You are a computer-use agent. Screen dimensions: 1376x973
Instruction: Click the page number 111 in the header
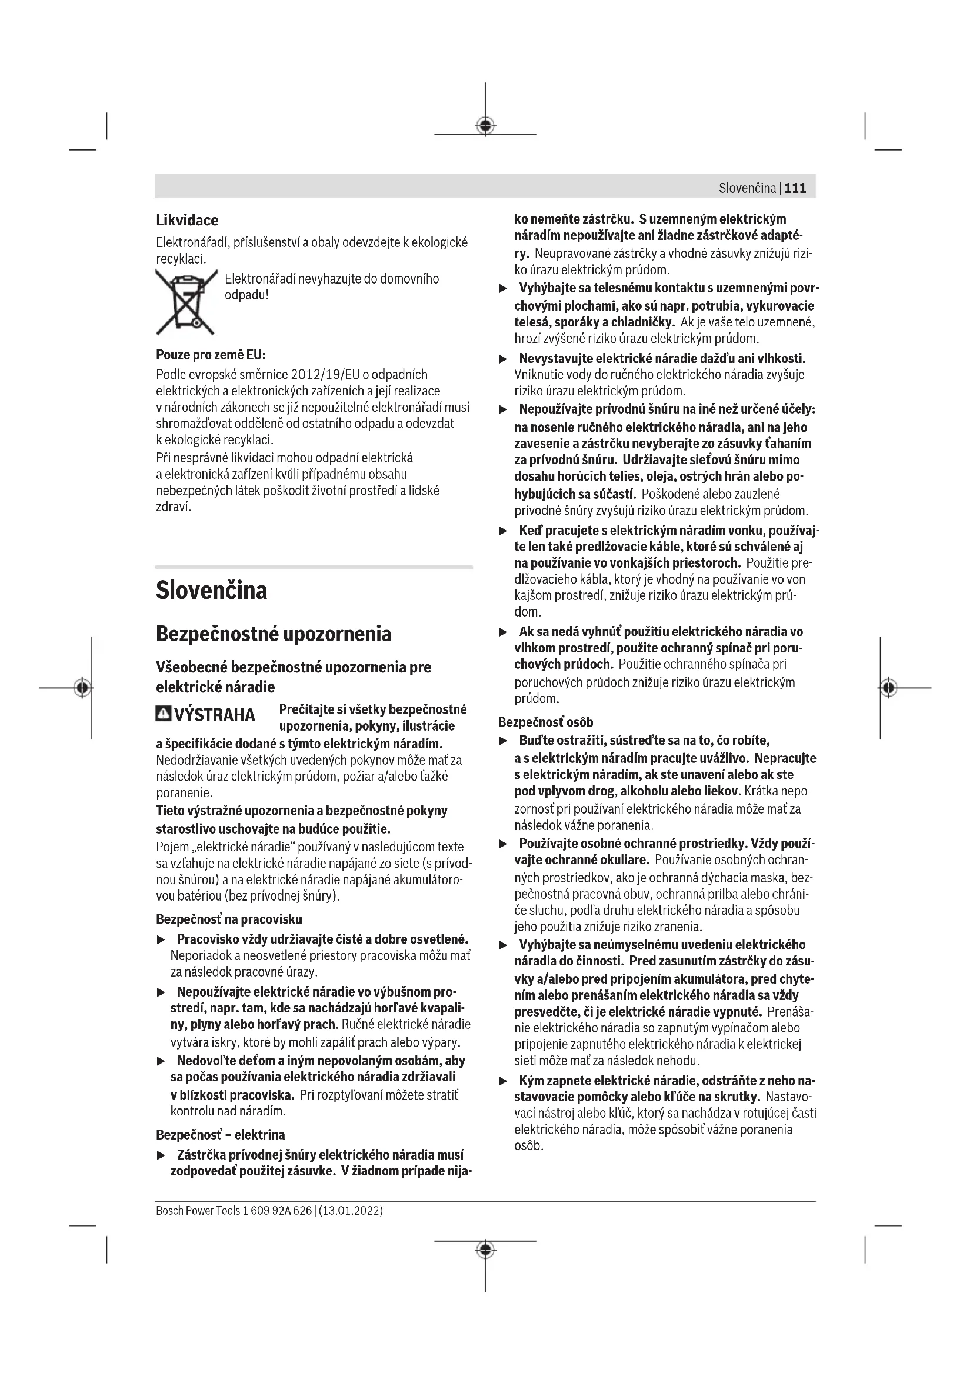pyautogui.click(x=795, y=188)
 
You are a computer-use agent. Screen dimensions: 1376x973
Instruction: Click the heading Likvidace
pyautogui.click(x=187, y=220)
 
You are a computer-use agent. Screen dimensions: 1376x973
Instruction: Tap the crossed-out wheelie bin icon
pyautogui.click(x=186, y=301)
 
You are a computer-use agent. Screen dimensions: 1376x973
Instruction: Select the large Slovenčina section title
pyautogui.click(x=212, y=590)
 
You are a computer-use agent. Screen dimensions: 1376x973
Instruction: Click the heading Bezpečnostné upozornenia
pyautogui.click(x=273, y=634)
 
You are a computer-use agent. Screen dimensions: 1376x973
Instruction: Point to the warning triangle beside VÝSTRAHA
pyautogui.click(x=163, y=714)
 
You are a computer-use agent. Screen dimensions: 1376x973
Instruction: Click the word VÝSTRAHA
pyautogui.click(x=214, y=715)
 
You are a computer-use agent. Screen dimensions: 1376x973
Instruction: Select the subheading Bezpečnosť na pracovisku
pyautogui.click(x=229, y=919)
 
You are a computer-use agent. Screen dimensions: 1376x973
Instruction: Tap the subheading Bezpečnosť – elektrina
pyautogui.click(x=221, y=1134)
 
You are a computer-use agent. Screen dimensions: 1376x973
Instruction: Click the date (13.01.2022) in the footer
pyautogui.click(x=351, y=1210)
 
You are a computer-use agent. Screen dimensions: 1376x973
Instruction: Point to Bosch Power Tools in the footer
pyautogui.click(x=198, y=1210)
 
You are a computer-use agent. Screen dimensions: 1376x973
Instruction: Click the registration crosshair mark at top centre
pyautogui.click(x=485, y=125)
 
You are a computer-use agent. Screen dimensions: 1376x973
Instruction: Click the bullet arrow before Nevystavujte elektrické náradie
pyautogui.click(x=504, y=359)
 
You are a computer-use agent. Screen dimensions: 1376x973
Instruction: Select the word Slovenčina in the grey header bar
pyautogui.click(x=747, y=188)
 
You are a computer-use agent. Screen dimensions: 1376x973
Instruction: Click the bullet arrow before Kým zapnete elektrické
pyautogui.click(x=504, y=1082)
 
